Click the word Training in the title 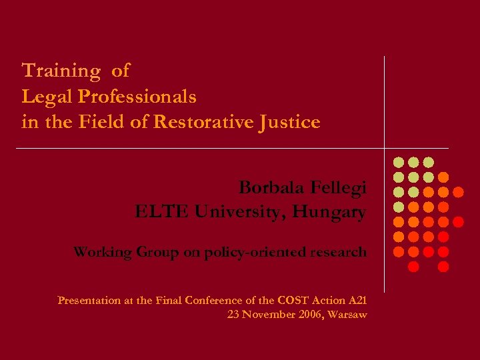pos(61,71)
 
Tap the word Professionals pos(137,97)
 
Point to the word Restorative pos(221,123)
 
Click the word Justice pos(293,123)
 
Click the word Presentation pos(89,301)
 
